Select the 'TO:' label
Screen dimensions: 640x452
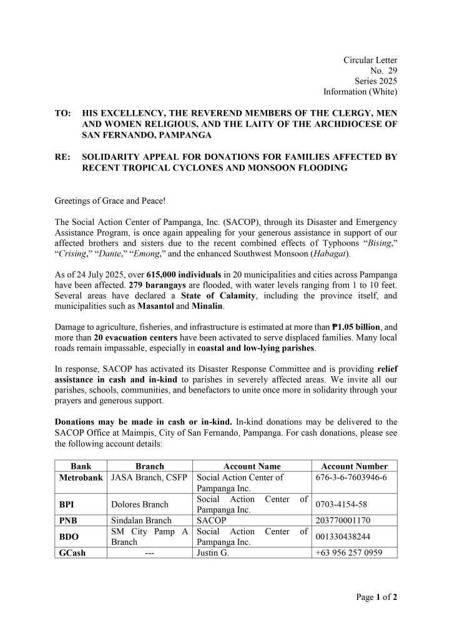click(62, 113)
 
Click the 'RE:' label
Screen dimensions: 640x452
click(62, 157)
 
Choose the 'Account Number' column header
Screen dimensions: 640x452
click(354, 466)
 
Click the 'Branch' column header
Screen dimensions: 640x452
click(150, 466)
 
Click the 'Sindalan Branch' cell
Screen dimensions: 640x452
click(139, 520)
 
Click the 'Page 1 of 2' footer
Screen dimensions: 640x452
click(376, 597)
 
